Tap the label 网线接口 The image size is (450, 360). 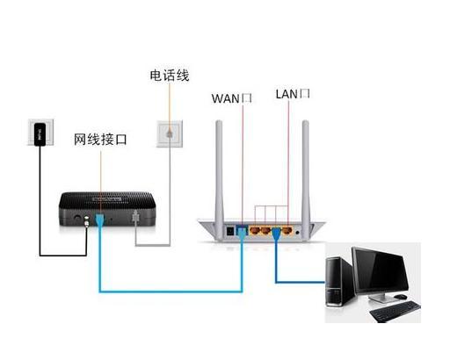[101, 139]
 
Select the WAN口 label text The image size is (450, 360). [232, 97]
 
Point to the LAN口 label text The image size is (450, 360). [294, 92]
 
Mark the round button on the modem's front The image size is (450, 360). [76, 215]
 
